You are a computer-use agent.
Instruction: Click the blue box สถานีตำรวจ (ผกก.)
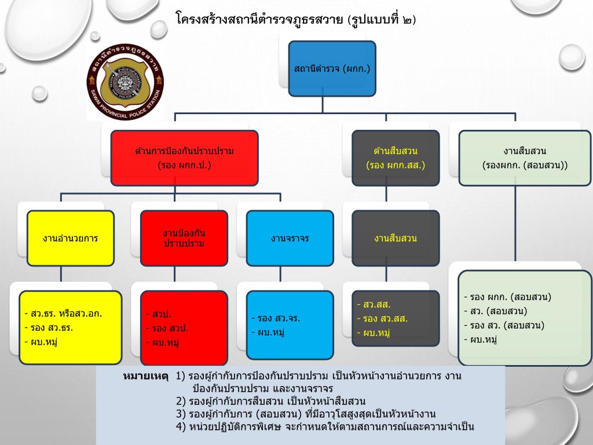pos(332,69)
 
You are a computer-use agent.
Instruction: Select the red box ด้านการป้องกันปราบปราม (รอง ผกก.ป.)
pos(184,158)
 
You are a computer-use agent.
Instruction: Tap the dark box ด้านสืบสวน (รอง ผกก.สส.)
pos(396,158)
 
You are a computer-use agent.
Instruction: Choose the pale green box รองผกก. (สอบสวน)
pos(525,158)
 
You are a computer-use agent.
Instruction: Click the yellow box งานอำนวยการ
pos(70,238)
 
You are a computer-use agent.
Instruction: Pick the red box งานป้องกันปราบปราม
pos(184,238)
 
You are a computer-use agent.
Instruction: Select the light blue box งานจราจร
pos(290,238)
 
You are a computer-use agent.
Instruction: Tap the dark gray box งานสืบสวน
pos(396,238)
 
